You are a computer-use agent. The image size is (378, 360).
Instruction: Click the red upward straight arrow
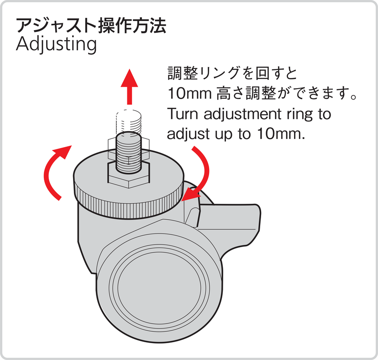pyautogui.click(x=130, y=87)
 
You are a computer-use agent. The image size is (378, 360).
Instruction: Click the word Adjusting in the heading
pyautogui.click(x=56, y=45)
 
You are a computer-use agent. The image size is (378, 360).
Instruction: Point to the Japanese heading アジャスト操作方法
pyautogui.click(x=91, y=25)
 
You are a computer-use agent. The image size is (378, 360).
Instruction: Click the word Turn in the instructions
pyautogui.click(x=183, y=114)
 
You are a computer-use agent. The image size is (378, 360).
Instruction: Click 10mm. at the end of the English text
pyautogui.click(x=281, y=133)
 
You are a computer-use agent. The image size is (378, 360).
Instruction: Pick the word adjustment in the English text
pyautogui.click(x=242, y=115)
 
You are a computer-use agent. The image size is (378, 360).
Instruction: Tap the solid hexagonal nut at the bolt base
pyautogui.click(x=128, y=175)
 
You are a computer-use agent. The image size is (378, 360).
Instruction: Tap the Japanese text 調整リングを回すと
pyautogui.click(x=232, y=73)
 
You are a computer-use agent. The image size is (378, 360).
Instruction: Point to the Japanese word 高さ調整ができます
pyautogui.click(x=286, y=94)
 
